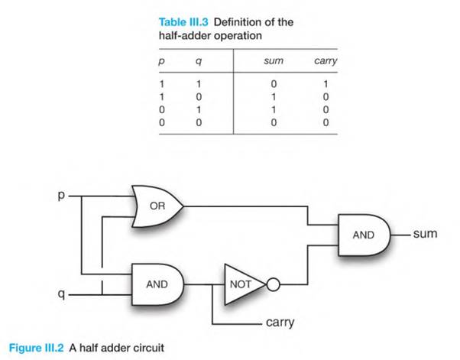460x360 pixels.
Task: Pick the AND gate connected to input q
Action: coord(158,283)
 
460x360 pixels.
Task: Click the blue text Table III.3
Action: coord(183,22)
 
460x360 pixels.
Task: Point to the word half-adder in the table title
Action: coord(182,36)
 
